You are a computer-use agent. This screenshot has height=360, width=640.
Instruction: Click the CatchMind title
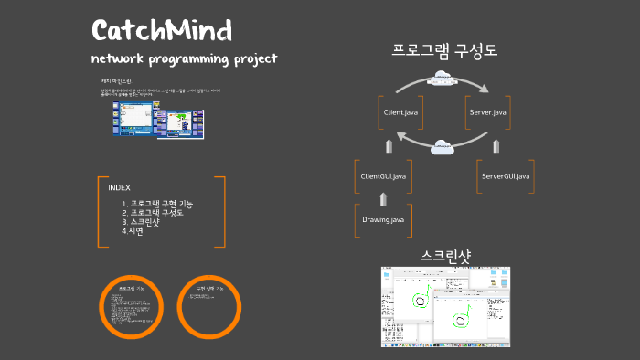162,30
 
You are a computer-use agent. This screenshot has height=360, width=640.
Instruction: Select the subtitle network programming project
184,59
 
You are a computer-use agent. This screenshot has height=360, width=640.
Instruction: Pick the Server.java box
487,111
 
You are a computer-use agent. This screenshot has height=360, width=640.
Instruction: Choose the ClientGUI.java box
383,175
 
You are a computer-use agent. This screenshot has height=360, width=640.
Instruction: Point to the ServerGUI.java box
506,175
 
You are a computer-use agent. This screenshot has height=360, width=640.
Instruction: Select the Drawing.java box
383,220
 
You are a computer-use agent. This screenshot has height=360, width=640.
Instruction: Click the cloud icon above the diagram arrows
443,77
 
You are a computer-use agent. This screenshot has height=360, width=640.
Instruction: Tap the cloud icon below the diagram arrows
443,143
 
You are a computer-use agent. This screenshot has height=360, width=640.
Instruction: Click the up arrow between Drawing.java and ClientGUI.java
383,198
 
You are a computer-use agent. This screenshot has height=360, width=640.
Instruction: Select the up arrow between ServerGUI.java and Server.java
496,145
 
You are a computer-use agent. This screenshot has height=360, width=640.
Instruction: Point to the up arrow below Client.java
389,145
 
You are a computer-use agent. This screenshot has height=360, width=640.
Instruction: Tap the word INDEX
119,187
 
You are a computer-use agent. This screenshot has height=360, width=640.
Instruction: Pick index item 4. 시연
133,231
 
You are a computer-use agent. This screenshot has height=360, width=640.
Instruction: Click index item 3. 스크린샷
145,222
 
